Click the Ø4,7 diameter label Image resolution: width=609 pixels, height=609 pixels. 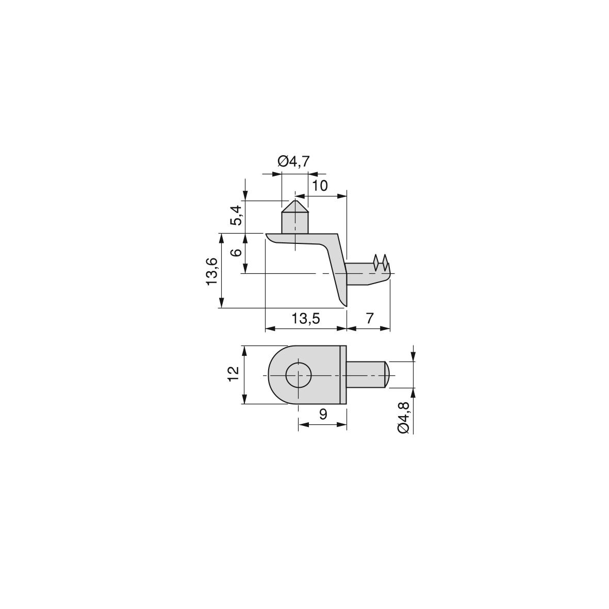click(294, 161)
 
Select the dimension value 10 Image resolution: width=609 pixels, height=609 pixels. click(320, 186)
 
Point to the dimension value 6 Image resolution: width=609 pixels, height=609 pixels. click(236, 252)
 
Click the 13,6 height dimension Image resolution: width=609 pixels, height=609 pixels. click(212, 271)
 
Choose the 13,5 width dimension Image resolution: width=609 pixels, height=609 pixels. click(306, 319)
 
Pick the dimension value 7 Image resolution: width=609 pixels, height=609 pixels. click(369, 318)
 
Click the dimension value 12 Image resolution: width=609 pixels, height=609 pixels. click(233, 374)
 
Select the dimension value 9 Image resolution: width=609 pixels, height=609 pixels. click(323, 415)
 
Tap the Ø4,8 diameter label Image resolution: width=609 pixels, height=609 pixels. click(404, 418)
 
